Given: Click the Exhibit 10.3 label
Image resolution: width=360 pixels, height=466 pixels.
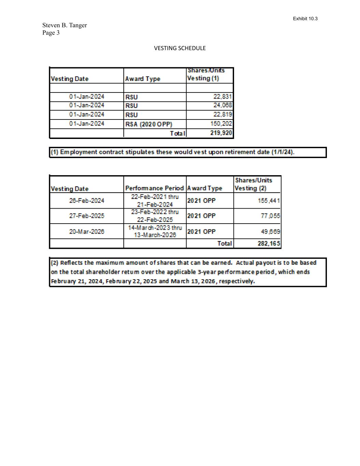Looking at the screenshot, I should [x=305, y=18].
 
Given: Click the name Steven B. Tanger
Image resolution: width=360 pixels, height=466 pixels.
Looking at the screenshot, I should [x=64, y=25].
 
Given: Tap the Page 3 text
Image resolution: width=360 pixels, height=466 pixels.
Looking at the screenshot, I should [x=51, y=33].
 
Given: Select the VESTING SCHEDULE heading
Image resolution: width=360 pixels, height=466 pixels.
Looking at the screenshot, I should [x=180, y=48].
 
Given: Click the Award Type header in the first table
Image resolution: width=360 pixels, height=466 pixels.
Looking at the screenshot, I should [x=143, y=79].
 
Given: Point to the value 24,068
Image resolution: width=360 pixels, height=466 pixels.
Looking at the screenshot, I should [x=222, y=105].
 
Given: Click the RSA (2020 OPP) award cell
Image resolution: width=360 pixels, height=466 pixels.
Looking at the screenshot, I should [x=149, y=124].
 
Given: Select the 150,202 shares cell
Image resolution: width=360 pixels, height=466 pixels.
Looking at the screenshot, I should [x=221, y=124].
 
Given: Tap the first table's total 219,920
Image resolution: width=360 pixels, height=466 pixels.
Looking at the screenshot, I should [x=221, y=133].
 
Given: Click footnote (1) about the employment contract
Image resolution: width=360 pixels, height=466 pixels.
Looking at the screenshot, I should [x=172, y=152].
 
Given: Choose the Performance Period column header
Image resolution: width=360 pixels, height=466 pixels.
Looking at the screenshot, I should [x=154, y=188].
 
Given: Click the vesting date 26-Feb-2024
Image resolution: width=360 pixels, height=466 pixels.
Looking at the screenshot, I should [x=87, y=201].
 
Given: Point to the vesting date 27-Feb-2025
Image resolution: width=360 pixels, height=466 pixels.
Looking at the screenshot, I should [x=87, y=216].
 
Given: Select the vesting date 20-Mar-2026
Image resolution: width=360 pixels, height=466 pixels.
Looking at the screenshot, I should [x=87, y=231].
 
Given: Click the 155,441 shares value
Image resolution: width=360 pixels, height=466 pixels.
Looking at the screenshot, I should [x=269, y=201].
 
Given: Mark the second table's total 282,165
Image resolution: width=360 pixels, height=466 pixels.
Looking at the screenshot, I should [x=269, y=243].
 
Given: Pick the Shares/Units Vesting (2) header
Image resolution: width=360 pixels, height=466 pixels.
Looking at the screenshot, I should [x=253, y=184].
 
